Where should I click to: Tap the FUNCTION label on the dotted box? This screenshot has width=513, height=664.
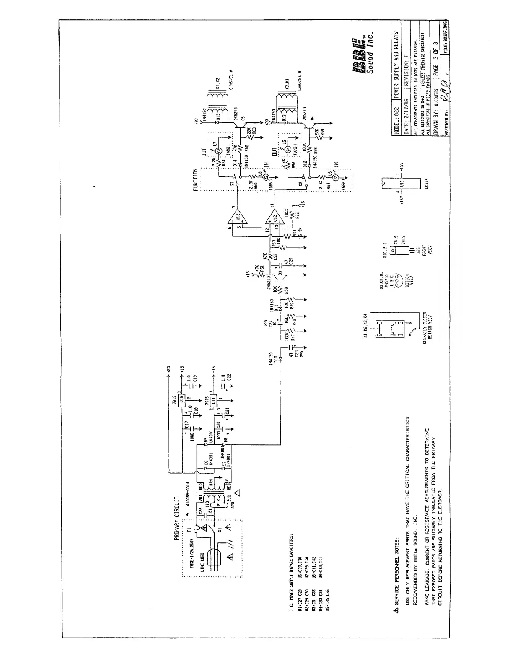point(195,180)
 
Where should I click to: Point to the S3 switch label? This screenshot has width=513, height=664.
point(232,183)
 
